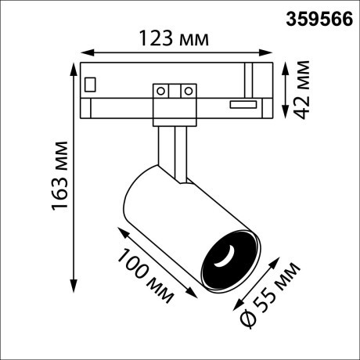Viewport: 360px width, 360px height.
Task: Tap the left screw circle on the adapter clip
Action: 162,91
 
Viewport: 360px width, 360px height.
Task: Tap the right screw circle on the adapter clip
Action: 187,91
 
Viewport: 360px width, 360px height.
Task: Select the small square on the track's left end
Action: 91,82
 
